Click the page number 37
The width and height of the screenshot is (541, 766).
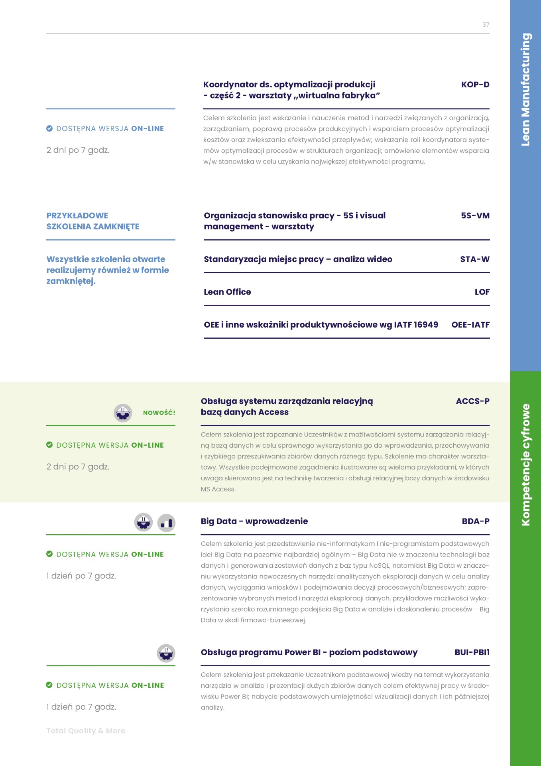pyautogui.click(x=486, y=25)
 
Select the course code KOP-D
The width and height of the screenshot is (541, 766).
pyautogui.click(x=475, y=85)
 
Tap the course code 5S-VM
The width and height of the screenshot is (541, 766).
pyautogui.click(x=475, y=215)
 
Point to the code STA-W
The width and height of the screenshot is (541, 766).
pyautogui.click(x=474, y=259)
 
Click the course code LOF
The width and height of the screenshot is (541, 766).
pyautogui.click(x=482, y=292)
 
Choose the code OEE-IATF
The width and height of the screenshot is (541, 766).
pyautogui.click(x=470, y=325)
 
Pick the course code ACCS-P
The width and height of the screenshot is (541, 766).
pyautogui.click(x=472, y=401)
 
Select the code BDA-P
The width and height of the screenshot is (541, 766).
pyautogui.click(x=475, y=521)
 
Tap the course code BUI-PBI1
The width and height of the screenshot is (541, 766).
pyautogui.click(x=472, y=652)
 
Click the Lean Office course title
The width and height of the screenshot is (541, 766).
pyautogui.click(x=227, y=292)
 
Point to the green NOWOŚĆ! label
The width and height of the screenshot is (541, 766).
pyautogui.click(x=159, y=413)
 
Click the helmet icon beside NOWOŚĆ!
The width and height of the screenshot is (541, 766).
pyautogui.click(x=123, y=413)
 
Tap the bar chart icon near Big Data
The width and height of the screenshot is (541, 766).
pyautogui.click(x=166, y=523)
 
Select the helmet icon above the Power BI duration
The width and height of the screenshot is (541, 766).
pyautogui.click(x=166, y=653)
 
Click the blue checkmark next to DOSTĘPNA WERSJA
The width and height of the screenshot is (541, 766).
pyautogui.click(x=49, y=128)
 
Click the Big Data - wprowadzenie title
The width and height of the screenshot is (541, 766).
pyautogui.click(x=254, y=521)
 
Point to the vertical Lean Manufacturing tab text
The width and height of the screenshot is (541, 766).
pyautogui.click(x=525, y=89)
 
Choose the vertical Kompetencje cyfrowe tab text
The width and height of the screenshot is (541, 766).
pyautogui.click(x=525, y=465)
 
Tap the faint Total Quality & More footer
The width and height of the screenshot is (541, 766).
pyautogui.click(x=86, y=731)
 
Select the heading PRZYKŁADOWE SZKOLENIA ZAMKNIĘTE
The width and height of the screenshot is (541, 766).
pyautogui.click(x=93, y=221)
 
